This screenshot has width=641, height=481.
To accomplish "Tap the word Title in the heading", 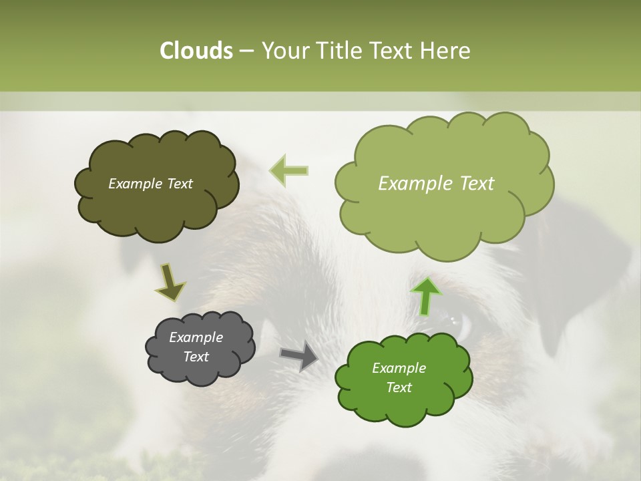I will click(343, 51).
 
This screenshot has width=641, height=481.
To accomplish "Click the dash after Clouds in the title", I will click(246, 51).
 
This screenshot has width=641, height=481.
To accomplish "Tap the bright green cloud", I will click(404, 408).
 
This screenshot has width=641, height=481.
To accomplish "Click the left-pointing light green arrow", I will click(289, 170).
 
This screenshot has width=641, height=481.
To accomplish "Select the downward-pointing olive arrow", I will click(170, 283).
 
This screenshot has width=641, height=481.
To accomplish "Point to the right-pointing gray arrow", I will click(300, 356).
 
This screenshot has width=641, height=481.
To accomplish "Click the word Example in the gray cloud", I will click(196, 337).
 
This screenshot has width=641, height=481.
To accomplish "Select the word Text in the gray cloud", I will click(196, 357).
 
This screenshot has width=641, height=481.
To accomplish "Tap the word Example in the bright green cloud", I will click(399, 368).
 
